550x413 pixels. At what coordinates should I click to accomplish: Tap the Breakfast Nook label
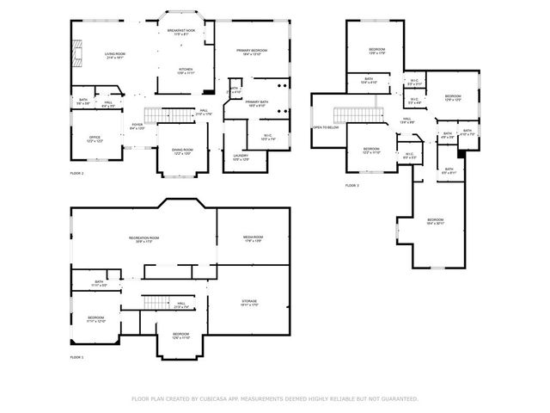click(x=181, y=33)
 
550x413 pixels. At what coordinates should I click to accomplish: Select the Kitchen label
click(x=186, y=71)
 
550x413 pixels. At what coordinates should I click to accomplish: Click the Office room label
click(x=95, y=139)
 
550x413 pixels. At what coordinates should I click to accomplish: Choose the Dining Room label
click(x=181, y=151)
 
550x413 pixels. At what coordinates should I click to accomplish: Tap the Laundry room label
click(x=240, y=157)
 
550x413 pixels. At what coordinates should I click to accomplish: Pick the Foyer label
click(x=137, y=126)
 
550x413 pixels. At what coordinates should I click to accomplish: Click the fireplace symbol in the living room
click(x=76, y=56)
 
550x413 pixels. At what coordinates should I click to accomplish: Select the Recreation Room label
click(x=144, y=239)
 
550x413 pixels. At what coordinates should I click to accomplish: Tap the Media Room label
click(x=253, y=239)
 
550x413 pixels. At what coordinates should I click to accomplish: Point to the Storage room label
click(x=249, y=302)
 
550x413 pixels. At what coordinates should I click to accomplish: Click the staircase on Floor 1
click(x=154, y=301)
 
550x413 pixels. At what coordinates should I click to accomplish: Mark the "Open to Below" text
click(x=324, y=126)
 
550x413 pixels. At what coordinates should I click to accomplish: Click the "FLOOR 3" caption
click(x=352, y=185)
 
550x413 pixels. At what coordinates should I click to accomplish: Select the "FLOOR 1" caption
click(x=76, y=356)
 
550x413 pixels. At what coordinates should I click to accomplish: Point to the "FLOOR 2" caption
click(x=76, y=173)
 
